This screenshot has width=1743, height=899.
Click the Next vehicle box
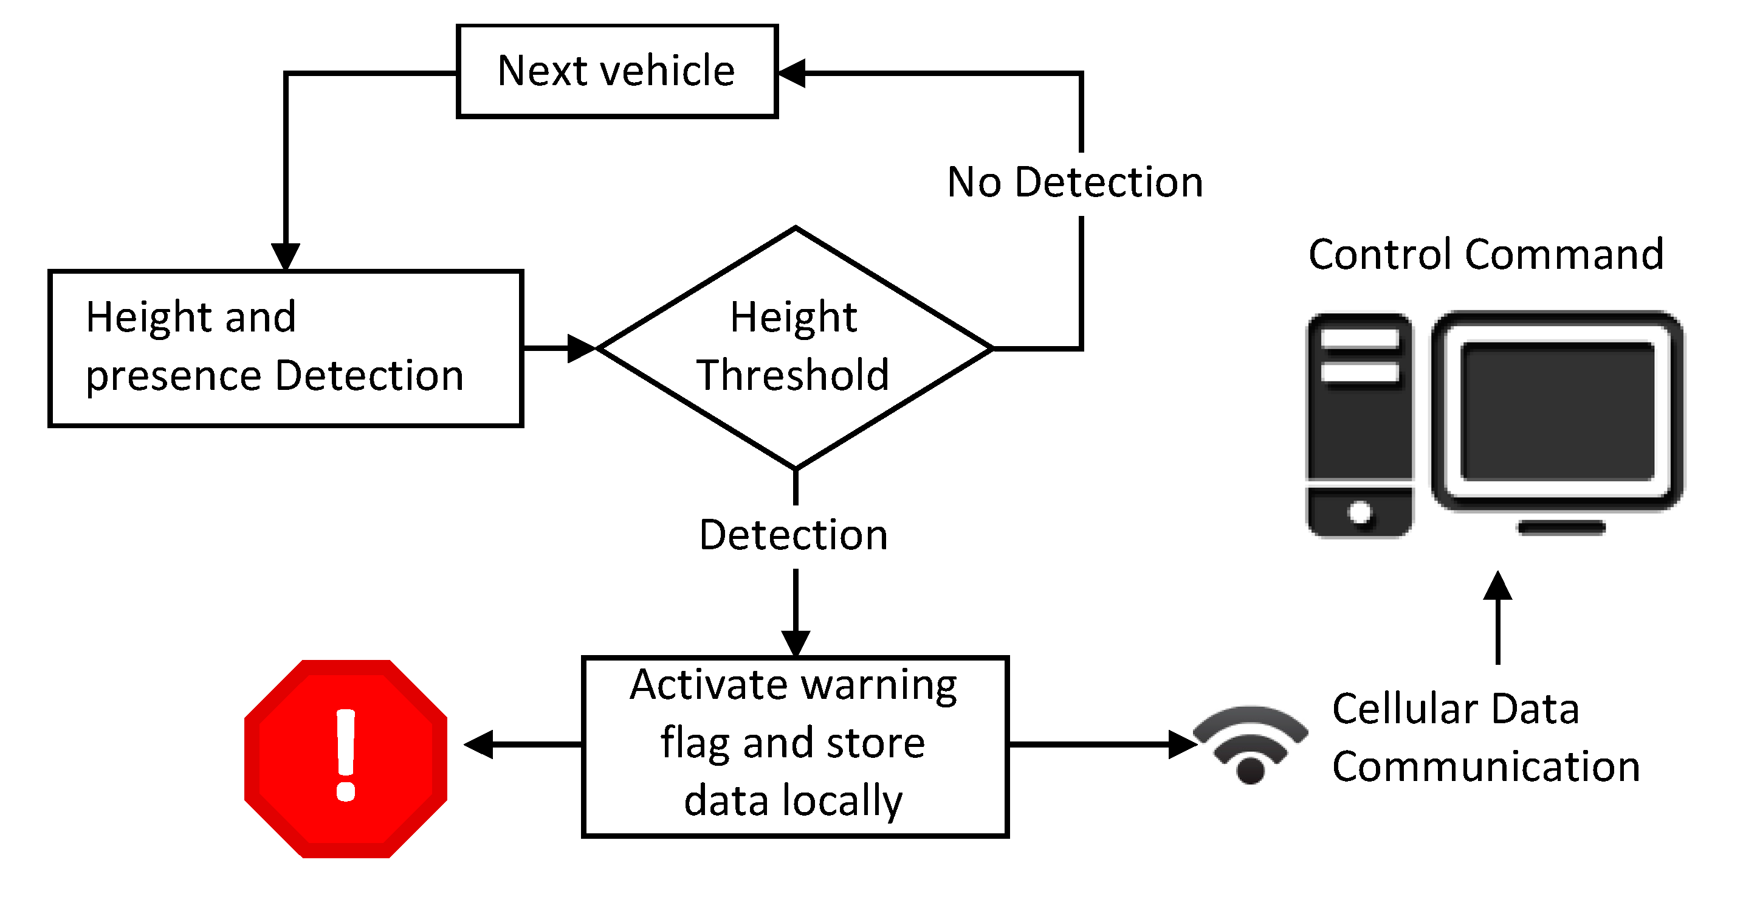point(616,71)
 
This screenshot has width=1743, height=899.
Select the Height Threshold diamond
point(794,347)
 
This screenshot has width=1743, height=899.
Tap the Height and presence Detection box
point(285,347)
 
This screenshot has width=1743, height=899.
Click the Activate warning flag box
point(794,745)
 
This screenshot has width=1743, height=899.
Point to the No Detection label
point(1074,182)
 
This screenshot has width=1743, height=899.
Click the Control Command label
point(1486,254)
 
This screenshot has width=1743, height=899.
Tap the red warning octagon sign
point(346,758)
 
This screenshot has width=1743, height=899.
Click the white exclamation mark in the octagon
point(346,754)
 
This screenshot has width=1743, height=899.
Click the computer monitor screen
point(1556,411)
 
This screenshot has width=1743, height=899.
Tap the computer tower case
point(1360,425)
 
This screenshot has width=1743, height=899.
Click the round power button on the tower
point(1360,513)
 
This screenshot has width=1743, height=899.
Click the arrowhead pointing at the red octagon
point(478,745)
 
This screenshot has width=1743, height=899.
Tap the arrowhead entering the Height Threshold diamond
point(580,348)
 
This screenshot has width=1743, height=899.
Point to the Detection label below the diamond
point(793,535)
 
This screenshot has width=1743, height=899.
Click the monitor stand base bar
point(1561,528)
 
